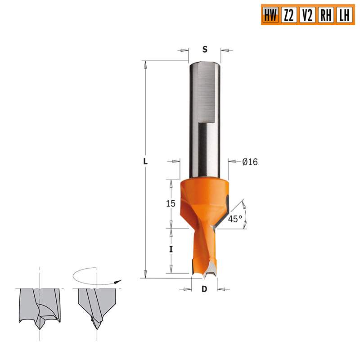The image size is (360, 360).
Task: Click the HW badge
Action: [270, 16]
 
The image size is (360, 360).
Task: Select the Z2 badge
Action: [288, 16]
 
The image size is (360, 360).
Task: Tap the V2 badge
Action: [307, 16]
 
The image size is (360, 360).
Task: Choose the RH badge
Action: [325, 16]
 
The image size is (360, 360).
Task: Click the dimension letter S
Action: [205, 49]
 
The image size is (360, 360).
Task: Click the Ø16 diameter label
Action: [250, 162]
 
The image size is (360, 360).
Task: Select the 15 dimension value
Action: [170, 203]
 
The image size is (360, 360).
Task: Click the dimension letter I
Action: [171, 249]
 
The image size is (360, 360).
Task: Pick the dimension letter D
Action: [204, 288]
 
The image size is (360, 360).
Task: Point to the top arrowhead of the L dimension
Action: [145, 64]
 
